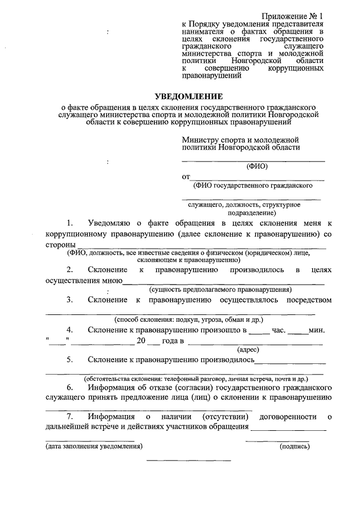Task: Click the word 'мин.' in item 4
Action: (317, 330)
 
